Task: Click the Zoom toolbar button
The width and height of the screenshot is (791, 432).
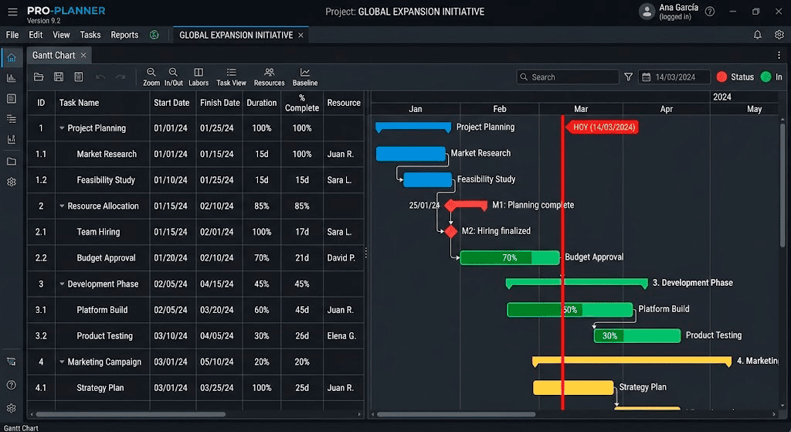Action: click(x=151, y=77)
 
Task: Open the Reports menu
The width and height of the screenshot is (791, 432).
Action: click(x=124, y=35)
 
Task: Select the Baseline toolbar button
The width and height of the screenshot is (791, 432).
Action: click(x=305, y=77)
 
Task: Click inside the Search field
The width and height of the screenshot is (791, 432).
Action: click(x=568, y=77)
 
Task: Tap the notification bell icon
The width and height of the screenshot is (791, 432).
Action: click(x=757, y=35)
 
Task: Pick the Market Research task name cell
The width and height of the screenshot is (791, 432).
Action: click(x=107, y=154)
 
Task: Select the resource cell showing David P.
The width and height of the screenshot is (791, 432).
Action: click(x=341, y=258)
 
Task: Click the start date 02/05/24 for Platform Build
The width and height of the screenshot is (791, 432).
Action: click(x=171, y=310)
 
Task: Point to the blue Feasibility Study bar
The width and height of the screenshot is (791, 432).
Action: click(x=428, y=179)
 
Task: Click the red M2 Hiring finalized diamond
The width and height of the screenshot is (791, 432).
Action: click(x=451, y=231)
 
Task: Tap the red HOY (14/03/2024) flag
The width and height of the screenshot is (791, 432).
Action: click(x=603, y=128)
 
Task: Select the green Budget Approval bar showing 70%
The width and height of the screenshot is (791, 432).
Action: click(x=510, y=258)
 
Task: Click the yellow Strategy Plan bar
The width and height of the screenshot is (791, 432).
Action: click(x=573, y=388)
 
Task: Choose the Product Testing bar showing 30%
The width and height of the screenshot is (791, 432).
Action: click(x=637, y=335)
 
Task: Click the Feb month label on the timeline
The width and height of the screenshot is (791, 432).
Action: click(x=500, y=109)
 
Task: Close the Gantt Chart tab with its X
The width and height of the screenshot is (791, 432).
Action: click(x=83, y=56)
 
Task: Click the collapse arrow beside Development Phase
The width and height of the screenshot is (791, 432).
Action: click(x=62, y=284)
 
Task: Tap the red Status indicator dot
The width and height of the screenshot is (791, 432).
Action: click(x=722, y=77)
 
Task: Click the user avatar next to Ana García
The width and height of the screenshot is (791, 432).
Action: click(x=647, y=12)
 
